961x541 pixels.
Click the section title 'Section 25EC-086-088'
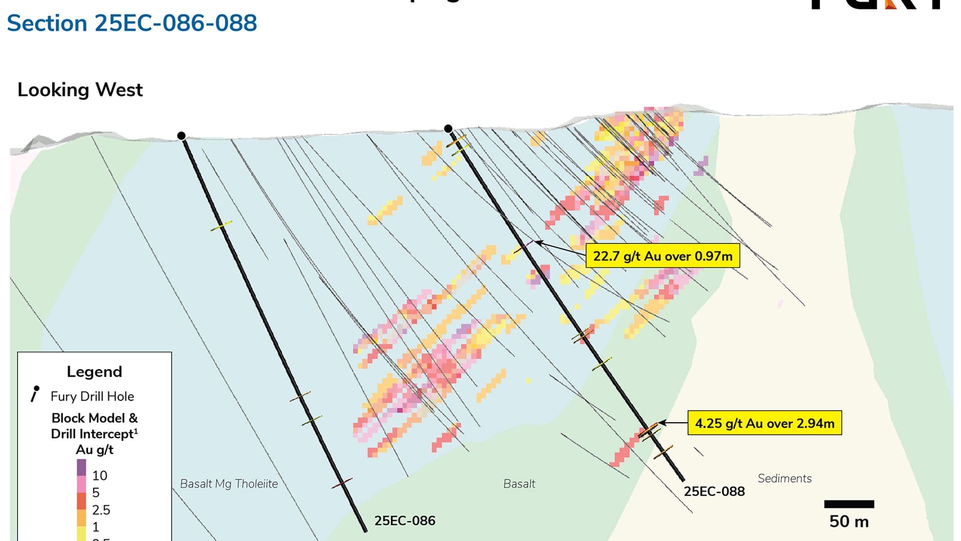132,24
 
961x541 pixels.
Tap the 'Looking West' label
80,90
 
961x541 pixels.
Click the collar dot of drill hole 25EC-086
182,136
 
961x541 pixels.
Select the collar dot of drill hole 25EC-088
448,129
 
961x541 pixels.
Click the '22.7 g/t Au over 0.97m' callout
662,256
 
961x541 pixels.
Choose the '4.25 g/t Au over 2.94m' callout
764,423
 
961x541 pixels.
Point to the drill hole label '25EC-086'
404,521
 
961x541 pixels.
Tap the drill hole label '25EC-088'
714,491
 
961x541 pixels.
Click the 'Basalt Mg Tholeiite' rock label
229,484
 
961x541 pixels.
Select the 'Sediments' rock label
784,478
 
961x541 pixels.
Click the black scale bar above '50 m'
849,504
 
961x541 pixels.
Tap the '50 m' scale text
849,521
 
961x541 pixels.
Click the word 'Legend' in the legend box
95,372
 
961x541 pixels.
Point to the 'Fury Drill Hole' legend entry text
92,396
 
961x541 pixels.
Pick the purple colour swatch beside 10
82,467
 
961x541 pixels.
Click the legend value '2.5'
101,510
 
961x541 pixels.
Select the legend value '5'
96,492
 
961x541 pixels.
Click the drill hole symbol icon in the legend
35,394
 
